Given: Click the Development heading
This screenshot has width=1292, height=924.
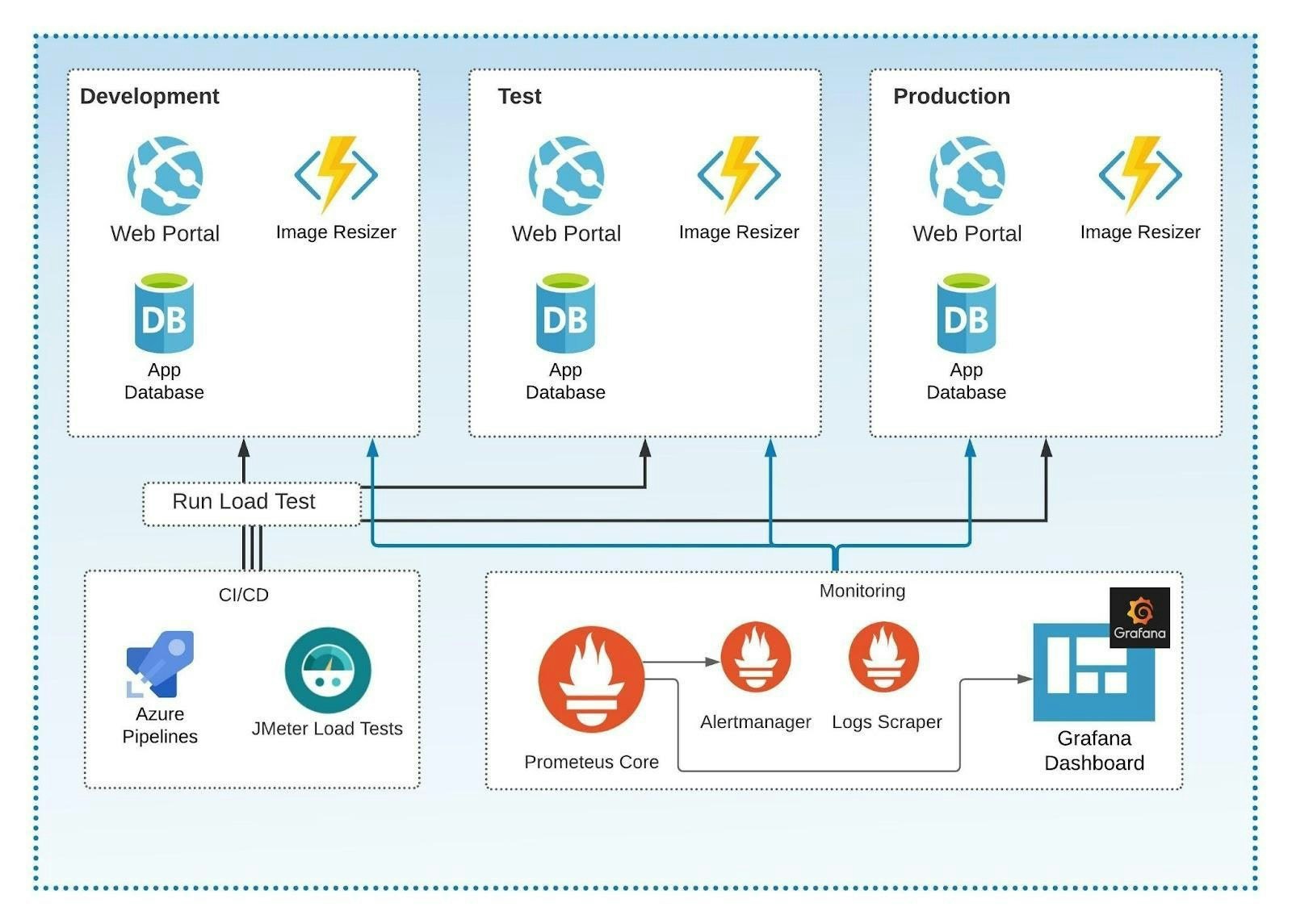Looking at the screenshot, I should point(149,96).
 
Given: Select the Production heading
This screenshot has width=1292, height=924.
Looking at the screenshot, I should point(951,96).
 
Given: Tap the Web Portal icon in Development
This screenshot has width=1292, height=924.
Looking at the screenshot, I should point(165,176).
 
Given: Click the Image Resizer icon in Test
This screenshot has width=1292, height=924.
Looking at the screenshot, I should point(739,174).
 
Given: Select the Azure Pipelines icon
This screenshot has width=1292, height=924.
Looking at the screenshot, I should point(160,663).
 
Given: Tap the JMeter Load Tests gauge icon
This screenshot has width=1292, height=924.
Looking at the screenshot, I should point(327,670).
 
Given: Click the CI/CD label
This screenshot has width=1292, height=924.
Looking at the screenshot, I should point(243,595).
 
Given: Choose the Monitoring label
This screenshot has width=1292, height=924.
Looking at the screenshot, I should point(862,591).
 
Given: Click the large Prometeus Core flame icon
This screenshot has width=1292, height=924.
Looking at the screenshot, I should point(591,679).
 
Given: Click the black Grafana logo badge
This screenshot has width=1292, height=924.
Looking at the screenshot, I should point(1139,617).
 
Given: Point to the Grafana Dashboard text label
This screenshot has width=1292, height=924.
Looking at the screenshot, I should point(1093,750).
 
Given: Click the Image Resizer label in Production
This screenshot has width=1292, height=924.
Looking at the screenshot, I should point(1139,232).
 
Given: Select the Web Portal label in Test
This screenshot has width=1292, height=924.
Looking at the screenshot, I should point(566,234).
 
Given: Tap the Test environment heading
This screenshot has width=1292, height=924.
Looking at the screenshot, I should point(519,96).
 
